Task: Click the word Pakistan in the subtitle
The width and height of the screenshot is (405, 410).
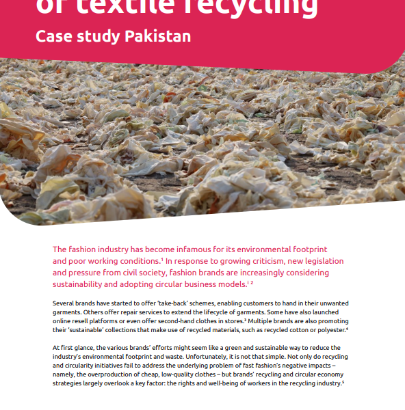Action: coord(157,36)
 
